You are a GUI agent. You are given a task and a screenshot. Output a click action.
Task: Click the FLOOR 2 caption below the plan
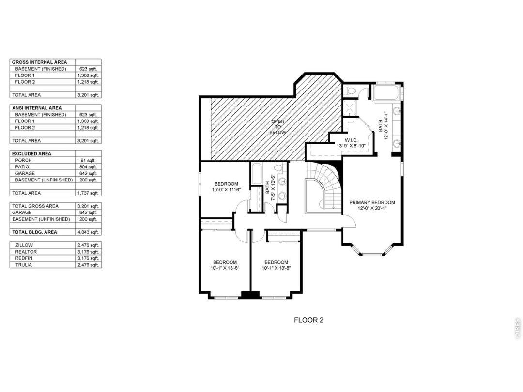click(x=308, y=320)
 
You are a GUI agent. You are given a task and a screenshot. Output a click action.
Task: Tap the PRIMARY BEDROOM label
click(x=372, y=202)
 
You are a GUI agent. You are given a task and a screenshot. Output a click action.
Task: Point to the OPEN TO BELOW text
click(x=277, y=127)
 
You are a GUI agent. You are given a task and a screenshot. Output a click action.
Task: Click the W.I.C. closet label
click(x=351, y=140)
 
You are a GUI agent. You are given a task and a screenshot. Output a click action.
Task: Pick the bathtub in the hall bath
click(x=257, y=174)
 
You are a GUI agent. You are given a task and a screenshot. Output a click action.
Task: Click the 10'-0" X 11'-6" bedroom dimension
click(x=226, y=190)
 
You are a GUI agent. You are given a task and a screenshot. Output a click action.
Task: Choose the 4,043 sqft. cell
click(x=89, y=232)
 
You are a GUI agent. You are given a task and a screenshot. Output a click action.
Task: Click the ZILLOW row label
click(x=24, y=245)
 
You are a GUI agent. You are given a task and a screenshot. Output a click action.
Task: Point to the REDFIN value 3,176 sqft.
click(x=89, y=258)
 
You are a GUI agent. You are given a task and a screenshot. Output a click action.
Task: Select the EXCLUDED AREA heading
click(x=31, y=154)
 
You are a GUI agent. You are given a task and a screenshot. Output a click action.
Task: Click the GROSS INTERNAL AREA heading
click(x=39, y=62)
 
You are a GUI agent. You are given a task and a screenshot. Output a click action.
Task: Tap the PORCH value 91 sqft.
click(x=89, y=160)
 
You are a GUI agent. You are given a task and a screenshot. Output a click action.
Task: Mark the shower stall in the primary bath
click(x=350, y=108)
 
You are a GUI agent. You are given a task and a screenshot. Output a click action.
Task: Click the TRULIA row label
click(x=24, y=265)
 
